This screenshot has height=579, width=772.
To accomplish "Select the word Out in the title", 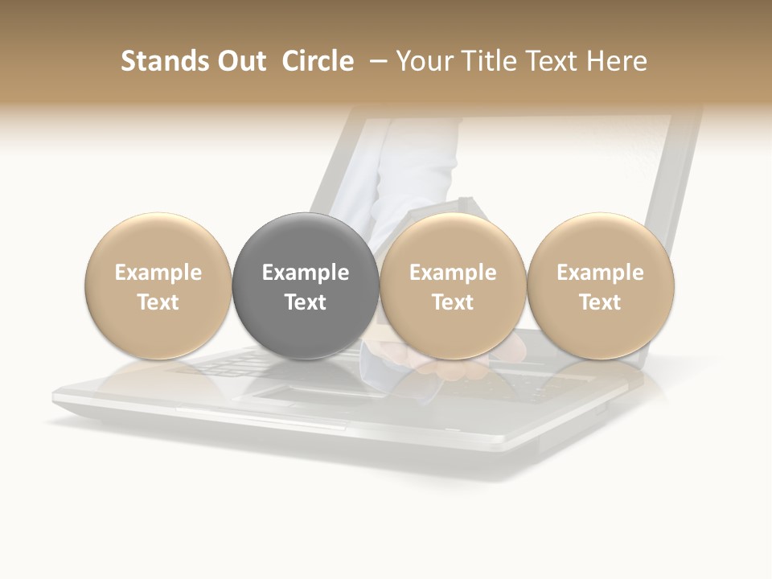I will pos(240,61).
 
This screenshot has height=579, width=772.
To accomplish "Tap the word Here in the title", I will pos(618,61).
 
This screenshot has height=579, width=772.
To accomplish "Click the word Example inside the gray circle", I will pos(306,273).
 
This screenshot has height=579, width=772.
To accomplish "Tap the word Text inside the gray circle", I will pos(306,302).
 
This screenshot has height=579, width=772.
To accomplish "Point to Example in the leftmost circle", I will pos(158,273).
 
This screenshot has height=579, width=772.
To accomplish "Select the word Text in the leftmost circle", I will pos(158,302).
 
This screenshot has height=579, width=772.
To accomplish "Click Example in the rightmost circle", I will pos(601,273).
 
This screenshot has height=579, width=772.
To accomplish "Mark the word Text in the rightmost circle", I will pos(601,302).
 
